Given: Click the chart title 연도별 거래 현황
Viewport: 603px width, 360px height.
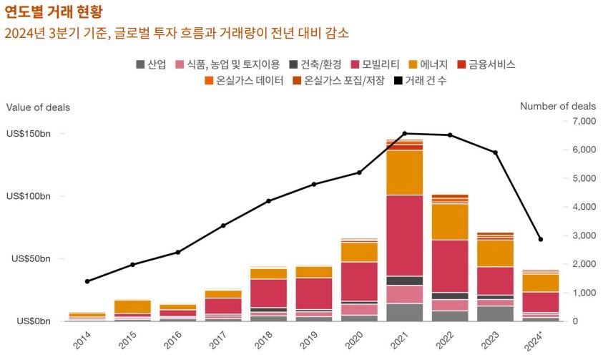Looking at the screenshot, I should point(54,11).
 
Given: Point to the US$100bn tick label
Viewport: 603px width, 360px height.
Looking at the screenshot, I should point(29,196).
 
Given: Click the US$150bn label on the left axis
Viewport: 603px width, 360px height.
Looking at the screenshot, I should point(29,134).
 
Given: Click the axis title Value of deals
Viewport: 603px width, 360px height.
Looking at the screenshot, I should point(38,107).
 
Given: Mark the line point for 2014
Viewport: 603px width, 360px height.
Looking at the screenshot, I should point(87,281).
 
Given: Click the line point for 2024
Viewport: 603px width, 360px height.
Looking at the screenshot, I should point(540,239).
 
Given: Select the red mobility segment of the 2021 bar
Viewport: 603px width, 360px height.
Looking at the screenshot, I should point(405,235).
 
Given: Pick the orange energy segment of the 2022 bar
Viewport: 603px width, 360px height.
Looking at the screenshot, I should point(449,222).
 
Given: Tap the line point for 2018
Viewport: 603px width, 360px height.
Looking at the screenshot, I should point(268,201).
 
